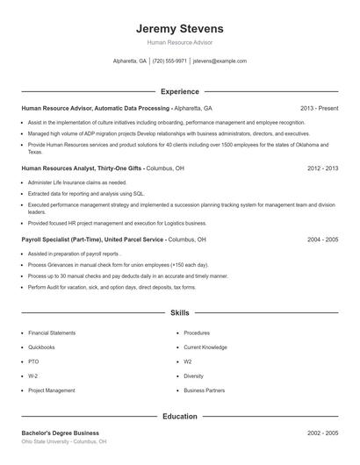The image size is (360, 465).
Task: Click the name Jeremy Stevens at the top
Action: point(180,28)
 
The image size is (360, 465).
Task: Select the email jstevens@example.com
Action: point(219,61)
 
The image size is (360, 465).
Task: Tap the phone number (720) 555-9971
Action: point(169,61)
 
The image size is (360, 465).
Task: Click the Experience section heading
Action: point(180,91)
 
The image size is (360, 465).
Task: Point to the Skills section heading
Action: point(180,312)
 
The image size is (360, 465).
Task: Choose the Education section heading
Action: point(180,417)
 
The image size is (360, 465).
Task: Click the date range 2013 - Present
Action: point(319,108)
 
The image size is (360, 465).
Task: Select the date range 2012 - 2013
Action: point(322,167)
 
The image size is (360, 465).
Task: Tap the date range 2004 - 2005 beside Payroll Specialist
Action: point(322,239)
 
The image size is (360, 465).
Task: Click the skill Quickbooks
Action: point(41,347)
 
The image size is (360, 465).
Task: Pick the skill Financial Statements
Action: point(51,333)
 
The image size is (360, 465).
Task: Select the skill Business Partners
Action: point(204,390)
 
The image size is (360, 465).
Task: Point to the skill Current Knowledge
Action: point(205,347)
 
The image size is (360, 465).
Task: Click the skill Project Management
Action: point(51,390)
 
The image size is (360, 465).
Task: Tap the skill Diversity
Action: point(193,376)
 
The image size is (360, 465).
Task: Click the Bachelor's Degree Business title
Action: point(60,433)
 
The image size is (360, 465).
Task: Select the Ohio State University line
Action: point(63,442)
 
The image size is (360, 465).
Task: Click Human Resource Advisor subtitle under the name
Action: point(180,42)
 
